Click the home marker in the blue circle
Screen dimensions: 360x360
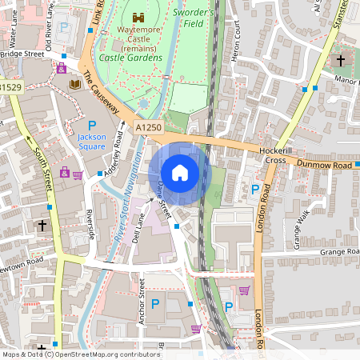(180, 173)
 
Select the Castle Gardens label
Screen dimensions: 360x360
(130, 58)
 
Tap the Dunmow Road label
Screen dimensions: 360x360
(325, 165)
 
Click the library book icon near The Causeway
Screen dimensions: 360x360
(75, 83)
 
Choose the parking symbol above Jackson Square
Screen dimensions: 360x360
(91, 126)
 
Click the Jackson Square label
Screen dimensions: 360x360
(91, 142)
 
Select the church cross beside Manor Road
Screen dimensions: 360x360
(341, 61)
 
